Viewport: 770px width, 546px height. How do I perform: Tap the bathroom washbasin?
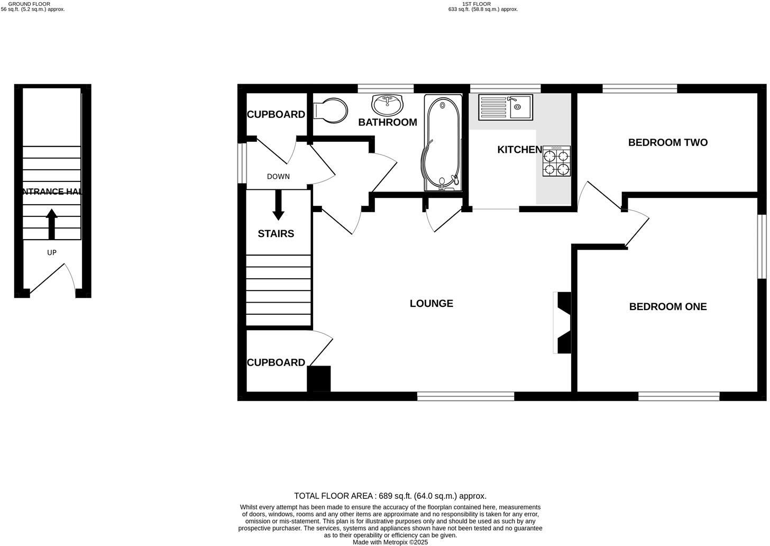point(387,105)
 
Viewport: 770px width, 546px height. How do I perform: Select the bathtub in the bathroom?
point(443,143)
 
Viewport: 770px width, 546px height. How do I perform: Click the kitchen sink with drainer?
point(505,106)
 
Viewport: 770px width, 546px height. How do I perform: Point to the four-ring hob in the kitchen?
point(556,161)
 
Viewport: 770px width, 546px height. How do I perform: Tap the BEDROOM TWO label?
point(667,142)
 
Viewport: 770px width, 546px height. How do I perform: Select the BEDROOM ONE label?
point(667,306)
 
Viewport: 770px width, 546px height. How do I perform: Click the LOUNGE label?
point(431,303)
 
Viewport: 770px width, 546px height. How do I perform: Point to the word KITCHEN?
point(519,150)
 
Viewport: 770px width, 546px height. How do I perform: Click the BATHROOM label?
point(387,122)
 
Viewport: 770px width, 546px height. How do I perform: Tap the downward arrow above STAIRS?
point(278,205)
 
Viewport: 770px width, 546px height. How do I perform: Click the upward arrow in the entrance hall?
point(51,224)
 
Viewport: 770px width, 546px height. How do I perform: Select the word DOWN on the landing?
point(278,177)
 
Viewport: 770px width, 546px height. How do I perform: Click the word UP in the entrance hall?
point(51,252)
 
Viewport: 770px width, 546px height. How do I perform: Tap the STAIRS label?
point(276,233)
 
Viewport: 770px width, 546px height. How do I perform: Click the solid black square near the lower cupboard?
point(319,379)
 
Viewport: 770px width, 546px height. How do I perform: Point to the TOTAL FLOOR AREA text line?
point(390,496)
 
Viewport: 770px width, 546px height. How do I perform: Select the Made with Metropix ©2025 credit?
point(390,542)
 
